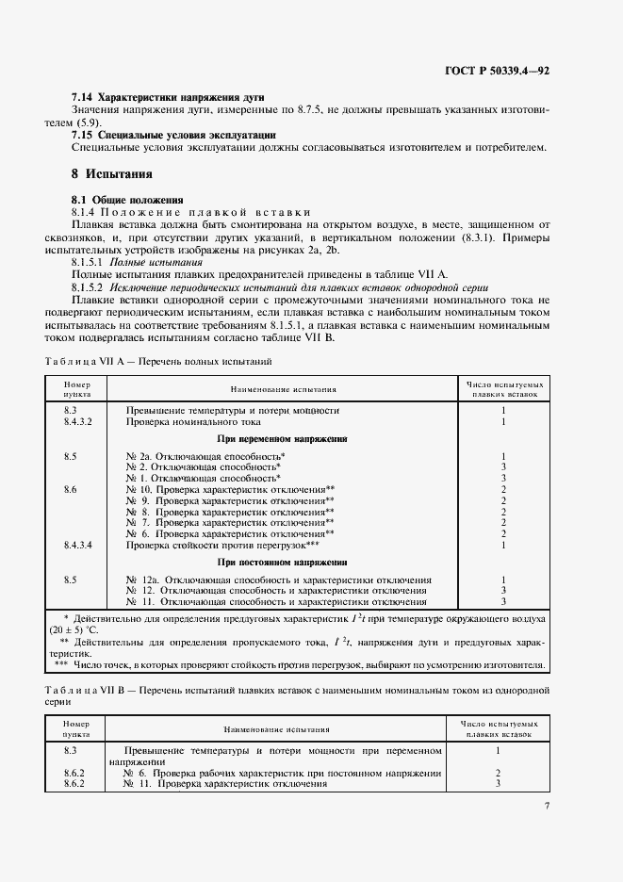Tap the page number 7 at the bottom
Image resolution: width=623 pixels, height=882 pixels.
(547, 806)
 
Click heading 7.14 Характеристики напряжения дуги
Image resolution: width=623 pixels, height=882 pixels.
(169, 98)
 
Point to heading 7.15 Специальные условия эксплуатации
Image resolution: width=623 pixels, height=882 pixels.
(174, 135)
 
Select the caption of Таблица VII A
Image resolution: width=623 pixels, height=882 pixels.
(158, 362)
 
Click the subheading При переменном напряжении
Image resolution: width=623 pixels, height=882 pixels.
(282, 438)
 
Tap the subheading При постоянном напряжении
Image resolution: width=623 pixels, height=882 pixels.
(282, 562)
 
